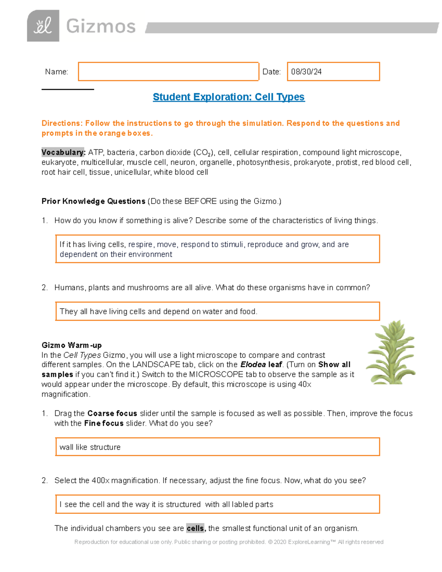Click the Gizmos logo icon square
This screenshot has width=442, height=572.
pyautogui.click(x=43, y=26)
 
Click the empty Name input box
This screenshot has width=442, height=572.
pyautogui.click(x=168, y=71)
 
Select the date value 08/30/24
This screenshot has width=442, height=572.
pyautogui.click(x=306, y=72)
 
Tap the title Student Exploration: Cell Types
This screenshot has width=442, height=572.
pyautogui.click(x=228, y=97)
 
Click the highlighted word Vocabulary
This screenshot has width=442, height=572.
pyautogui.click(x=63, y=152)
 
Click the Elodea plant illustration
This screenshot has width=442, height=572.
pyautogui.click(x=391, y=352)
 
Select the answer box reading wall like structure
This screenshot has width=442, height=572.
pyautogui.click(x=217, y=447)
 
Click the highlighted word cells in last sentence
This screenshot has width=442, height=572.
pyautogui.click(x=195, y=528)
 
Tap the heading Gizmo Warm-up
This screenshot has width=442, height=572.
pyautogui.click(x=71, y=345)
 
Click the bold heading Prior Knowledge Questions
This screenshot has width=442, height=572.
pyautogui.click(x=93, y=201)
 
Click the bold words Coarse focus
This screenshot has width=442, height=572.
pyautogui.click(x=112, y=413)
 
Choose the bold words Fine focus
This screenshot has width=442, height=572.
pyautogui.click(x=104, y=423)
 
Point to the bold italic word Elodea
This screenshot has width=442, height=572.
pyautogui.click(x=253, y=365)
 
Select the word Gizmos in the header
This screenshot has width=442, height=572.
pyautogui.click(x=101, y=27)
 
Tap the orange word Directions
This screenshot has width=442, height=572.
pyautogui.click(x=62, y=123)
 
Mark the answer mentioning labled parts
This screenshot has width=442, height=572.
pyautogui.click(x=217, y=504)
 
